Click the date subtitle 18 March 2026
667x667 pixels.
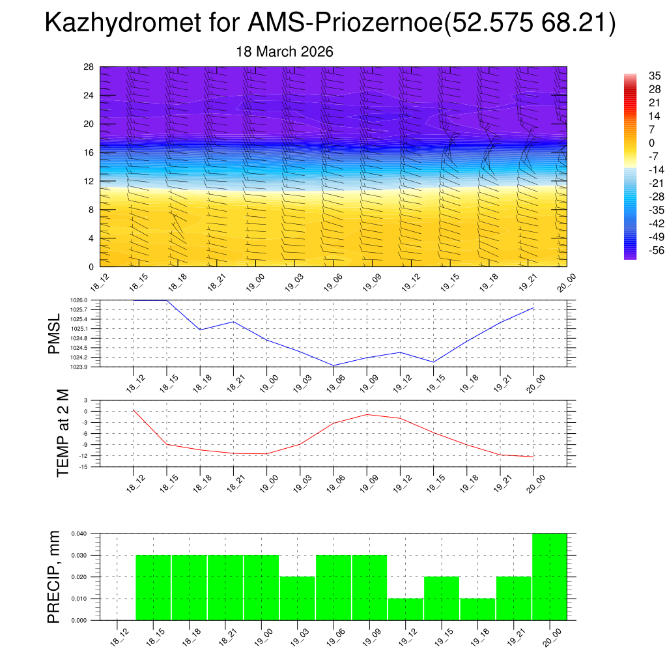(285, 52)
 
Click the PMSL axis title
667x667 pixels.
(55, 333)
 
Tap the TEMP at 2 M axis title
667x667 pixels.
(63, 433)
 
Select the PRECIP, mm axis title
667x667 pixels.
(55, 576)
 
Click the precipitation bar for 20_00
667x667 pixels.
(549, 576)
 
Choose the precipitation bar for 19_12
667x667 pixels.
(405, 609)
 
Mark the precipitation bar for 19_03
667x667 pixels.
(297, 598)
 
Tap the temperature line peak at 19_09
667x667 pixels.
(367, 414)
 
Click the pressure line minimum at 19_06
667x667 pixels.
(333, 365)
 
